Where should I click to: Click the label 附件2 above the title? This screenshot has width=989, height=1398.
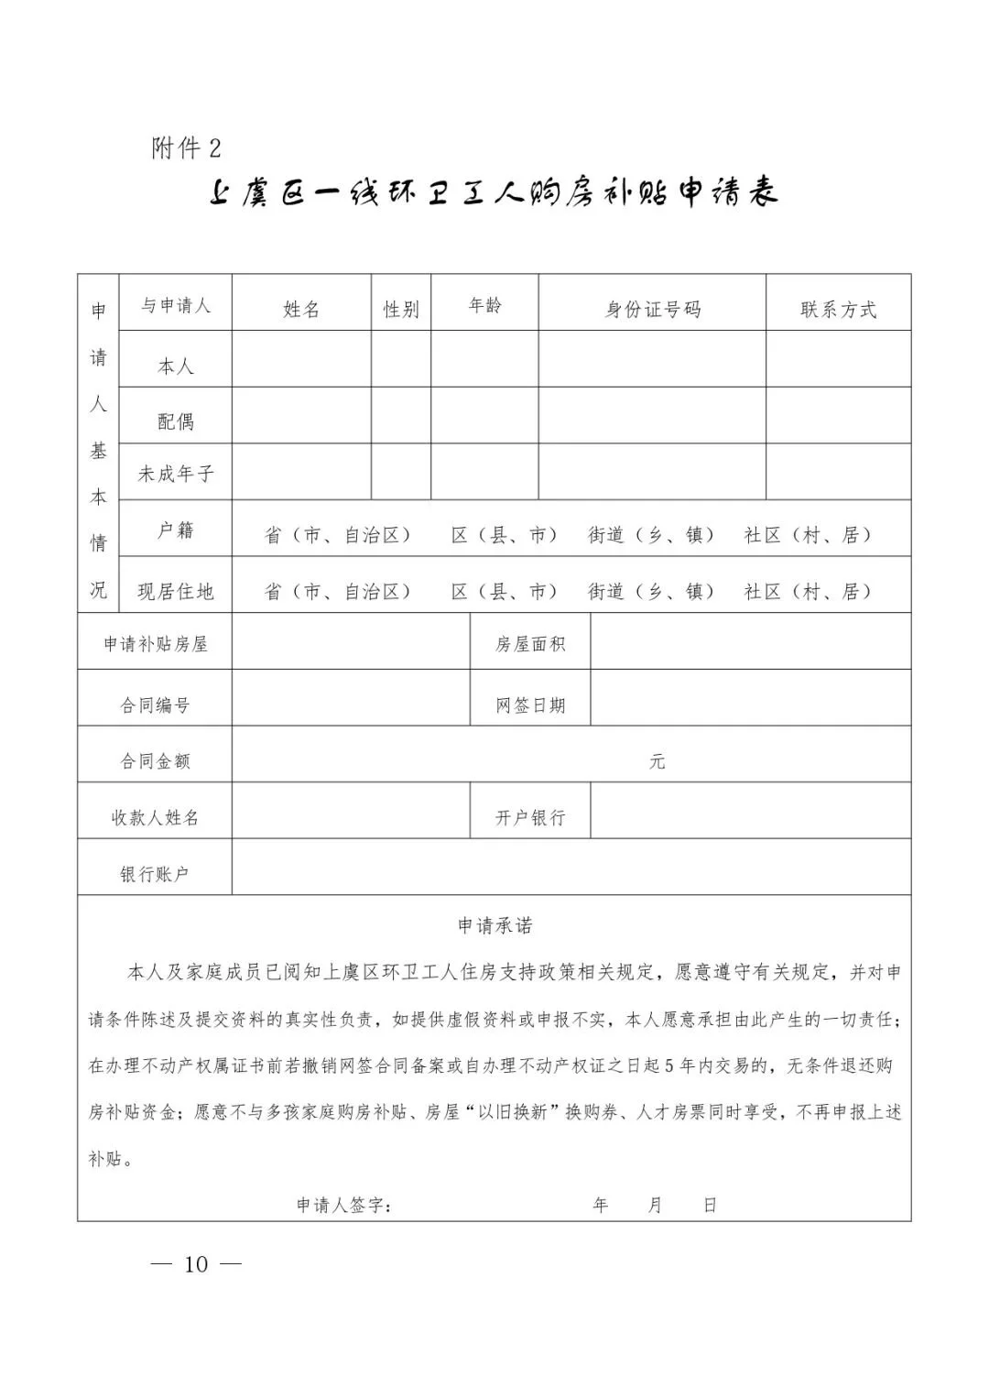187,147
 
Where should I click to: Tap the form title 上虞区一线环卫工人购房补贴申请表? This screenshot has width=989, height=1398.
494,193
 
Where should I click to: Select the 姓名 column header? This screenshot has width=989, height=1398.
301,310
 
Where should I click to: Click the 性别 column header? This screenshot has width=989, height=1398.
401,310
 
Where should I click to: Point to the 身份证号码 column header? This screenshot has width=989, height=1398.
652,310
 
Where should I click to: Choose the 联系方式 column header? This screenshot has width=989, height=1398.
838,310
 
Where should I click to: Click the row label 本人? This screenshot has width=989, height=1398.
175,366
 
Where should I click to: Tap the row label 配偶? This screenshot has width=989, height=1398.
175,421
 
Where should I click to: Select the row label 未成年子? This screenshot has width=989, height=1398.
175,474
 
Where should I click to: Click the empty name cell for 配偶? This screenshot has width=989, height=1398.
301,415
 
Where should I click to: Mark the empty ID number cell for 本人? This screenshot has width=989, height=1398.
652,359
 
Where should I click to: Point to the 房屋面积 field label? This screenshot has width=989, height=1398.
530,644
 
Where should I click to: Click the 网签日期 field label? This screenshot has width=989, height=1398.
530,705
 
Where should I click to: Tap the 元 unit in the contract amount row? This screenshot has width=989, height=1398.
657,761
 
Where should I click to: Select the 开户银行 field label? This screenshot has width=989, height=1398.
530,817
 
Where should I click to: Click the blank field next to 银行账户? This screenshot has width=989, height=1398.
571,867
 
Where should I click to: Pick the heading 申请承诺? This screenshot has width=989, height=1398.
494,925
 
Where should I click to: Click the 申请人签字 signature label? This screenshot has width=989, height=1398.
344,1205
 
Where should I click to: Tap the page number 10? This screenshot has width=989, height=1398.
196,1264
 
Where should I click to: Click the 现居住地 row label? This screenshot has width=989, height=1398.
175,591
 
